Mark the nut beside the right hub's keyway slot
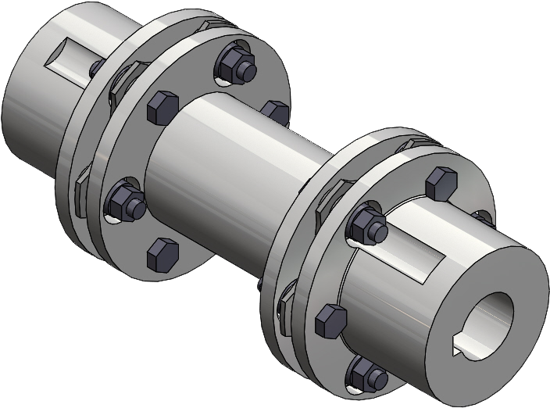[369, 224]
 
